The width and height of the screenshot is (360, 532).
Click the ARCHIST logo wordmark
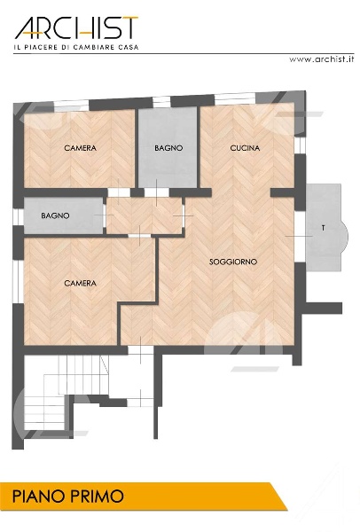tap(76, 28)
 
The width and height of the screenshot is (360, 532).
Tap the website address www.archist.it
tap(321, 59)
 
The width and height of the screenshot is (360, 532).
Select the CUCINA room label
tap(245, 148)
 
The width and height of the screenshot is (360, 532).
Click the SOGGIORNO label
tap(233, 262)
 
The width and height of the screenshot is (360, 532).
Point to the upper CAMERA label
tap(80, 148)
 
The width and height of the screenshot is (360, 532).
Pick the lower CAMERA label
tap(80, 283)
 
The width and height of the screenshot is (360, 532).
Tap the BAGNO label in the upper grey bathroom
tap(168, 148)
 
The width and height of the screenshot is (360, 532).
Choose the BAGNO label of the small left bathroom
tap(55, 215)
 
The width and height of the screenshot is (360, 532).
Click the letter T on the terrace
tap(323, 228)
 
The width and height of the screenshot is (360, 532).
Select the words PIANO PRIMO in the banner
tap(68, 497)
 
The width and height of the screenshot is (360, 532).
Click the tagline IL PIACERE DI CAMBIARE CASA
tap(76, 47)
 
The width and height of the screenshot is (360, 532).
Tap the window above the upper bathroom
tap(161, 102)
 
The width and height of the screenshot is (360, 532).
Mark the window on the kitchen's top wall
tap(235, 98)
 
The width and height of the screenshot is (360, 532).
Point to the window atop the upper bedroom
tap(72, 106)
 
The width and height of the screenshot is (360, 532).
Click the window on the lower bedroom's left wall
tap(18, 282)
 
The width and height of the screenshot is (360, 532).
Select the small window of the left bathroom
tap(18, 216)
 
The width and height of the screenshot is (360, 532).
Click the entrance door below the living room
tap(140, 350)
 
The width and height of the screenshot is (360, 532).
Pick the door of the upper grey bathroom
tap(156, 192)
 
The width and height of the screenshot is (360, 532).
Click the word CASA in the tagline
tap(129, 47)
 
